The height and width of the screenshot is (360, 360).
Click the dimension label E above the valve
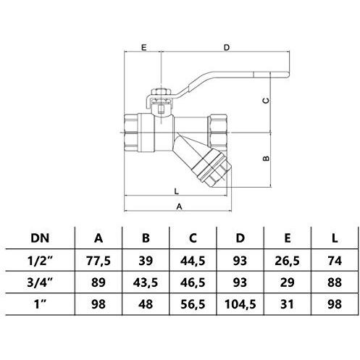(143, 48)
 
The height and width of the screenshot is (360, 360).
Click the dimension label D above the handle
(227, 48)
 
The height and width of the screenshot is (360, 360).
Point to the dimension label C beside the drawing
(266, 101)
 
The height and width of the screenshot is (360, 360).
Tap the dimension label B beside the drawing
(266, 159)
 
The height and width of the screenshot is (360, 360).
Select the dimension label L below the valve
(177, 191)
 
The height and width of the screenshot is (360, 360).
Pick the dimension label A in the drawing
(179, 206)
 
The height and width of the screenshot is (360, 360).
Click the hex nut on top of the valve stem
(161, 92)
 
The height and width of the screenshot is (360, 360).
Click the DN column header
(40, 238)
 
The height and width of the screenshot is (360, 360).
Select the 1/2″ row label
(40, 261)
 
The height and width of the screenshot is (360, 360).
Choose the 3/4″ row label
(40, 282)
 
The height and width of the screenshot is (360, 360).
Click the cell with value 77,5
(99, 261)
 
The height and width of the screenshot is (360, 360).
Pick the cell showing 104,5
(240, 304)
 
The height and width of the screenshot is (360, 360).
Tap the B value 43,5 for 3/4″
(146, 282)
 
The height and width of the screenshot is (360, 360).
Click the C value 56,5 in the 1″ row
(193, 304)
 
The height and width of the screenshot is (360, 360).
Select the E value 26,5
(288, 261)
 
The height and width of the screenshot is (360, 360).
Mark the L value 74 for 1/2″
(335, 261)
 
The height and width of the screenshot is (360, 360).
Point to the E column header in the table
(288, 238)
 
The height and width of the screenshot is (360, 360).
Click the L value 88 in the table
(335, 282)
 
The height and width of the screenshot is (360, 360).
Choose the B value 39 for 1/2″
(146, 261)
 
